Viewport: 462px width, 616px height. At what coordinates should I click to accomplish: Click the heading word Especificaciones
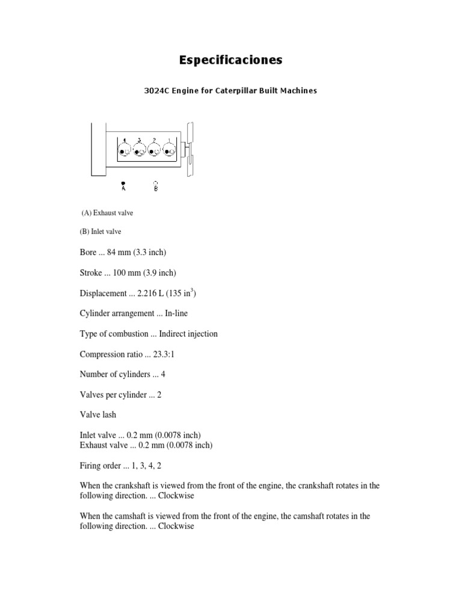(231, 60)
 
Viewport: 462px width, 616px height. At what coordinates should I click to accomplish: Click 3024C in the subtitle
(157, 91)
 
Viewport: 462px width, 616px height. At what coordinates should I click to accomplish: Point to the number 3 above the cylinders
(139, 140)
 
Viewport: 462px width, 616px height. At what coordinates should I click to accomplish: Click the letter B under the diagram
(156, 189)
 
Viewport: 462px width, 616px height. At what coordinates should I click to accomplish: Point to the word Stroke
(91, 273)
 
